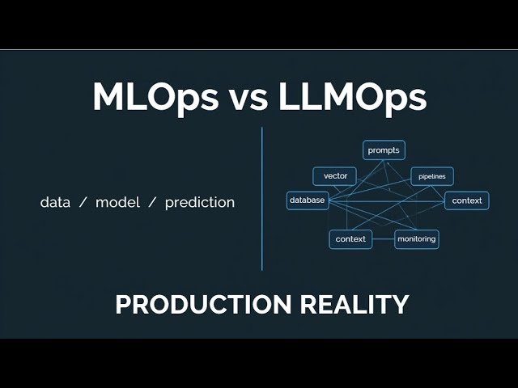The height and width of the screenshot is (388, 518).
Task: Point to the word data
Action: click(54, 202)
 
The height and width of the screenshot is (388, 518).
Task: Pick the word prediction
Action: click(199, 202)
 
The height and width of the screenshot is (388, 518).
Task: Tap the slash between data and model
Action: click(83, 202)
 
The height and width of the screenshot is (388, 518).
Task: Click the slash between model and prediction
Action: click(151, 202)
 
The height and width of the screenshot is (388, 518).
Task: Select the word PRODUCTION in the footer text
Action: click(202, 305)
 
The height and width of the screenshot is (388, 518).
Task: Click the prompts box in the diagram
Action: click(384, 150)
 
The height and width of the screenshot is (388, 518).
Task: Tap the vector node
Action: click(335, 176)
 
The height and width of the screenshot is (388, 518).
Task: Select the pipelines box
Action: click(432, 176)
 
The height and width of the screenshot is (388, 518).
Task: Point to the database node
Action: click(308, 200)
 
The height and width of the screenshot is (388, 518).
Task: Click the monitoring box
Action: click(417, 239)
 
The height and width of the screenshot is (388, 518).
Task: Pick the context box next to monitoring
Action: click(350, 239)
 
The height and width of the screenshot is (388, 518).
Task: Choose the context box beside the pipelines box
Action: click(467, 200)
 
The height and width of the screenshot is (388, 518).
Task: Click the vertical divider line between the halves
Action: click(262, 198)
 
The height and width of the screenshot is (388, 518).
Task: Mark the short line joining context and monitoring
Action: click(384, 239)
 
